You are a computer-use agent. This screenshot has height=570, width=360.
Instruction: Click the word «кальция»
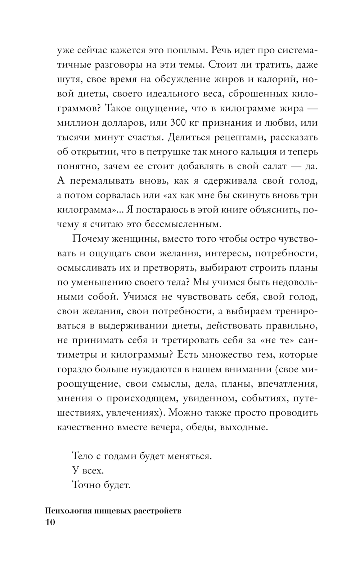[x=258, y=152]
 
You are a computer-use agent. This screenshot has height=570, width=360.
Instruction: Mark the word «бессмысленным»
[x=187, y=224]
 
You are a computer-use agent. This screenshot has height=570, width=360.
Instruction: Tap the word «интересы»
[x=226, y=253]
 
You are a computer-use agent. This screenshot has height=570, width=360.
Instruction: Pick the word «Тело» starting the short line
[x=83, y=456]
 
